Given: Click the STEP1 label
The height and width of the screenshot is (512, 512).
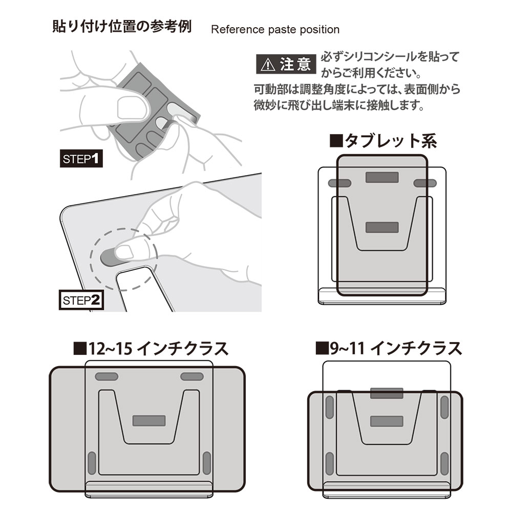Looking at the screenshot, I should tap(81, 159).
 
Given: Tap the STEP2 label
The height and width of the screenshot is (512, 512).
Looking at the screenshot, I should tap(81, 300).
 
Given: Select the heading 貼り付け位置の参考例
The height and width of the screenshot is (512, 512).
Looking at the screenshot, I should tap(122, 27).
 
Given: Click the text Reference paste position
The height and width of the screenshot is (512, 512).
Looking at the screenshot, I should tap(275, 30).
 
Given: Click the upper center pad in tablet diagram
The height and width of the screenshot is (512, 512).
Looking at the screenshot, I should tap(382, 178).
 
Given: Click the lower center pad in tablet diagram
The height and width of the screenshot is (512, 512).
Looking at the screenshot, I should tap(382, 227).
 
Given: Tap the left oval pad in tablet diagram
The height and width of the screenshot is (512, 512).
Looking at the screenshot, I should tap(339, 183).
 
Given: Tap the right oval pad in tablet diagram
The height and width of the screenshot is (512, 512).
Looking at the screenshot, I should tap(425, 183).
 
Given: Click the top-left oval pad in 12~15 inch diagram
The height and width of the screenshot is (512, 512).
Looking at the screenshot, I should tap(105, 377).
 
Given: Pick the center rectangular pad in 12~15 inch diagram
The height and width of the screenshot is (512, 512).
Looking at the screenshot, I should tap(148, 420).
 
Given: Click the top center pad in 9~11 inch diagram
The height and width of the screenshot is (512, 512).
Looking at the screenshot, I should tap(386, 394).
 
